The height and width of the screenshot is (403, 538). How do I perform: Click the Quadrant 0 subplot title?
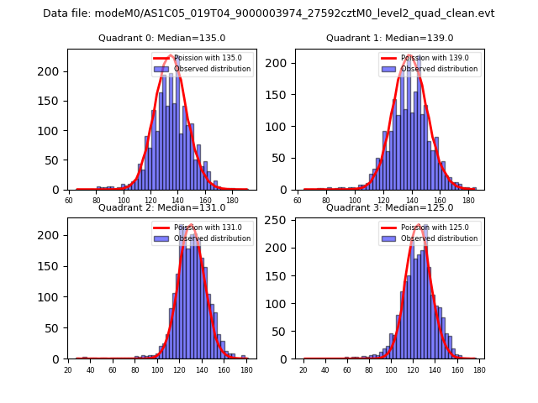(161, 38)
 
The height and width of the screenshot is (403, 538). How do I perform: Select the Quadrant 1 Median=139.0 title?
(389, 38)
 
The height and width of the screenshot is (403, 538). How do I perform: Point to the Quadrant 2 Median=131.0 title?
(161, 207)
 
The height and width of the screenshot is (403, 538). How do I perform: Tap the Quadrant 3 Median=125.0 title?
(389, 207)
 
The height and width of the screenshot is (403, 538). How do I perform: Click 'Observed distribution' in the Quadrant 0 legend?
(212, 69)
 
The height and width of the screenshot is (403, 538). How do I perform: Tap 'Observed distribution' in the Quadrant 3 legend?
(440, 238)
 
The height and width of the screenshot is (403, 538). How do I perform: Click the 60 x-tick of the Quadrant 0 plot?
(69, 201)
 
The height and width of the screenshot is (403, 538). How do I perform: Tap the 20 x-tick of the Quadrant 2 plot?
(68, 370)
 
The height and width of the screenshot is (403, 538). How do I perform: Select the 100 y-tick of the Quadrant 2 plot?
(55, 296)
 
